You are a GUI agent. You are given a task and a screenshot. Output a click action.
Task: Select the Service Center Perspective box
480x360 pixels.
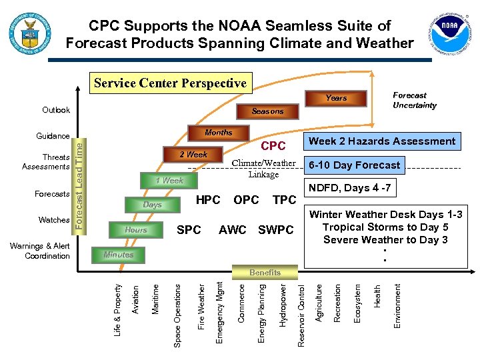[171, 83]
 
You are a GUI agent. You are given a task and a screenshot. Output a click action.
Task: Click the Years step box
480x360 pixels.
[336, 98]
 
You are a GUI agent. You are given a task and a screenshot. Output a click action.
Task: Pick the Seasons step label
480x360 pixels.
[267, 111]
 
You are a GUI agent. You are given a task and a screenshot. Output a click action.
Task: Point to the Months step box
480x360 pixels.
[219, 133]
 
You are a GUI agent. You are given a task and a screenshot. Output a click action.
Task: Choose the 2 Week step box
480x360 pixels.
[193, 155]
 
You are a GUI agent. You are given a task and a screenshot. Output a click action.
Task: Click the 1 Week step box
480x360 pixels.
[169, 180]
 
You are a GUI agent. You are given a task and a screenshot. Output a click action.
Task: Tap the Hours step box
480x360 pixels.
[136, 230]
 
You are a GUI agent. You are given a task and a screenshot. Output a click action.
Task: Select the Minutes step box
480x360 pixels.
[119, 255]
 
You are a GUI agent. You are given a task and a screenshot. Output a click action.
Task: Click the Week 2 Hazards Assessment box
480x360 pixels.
[383, 141]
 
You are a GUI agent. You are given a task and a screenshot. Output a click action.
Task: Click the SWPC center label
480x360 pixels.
[275, 230]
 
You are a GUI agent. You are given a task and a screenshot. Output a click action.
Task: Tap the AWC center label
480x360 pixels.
[233, 230]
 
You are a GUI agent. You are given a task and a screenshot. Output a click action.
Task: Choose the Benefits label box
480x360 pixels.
[265, 272]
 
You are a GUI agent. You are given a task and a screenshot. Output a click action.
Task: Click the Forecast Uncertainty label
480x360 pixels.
[415, 100]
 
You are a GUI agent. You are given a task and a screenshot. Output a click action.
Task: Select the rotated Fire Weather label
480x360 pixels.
[201, 306]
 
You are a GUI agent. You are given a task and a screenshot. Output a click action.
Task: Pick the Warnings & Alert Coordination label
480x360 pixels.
[40, 251]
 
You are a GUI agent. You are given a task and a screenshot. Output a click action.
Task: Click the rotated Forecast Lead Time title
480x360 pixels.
[79, 182]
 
